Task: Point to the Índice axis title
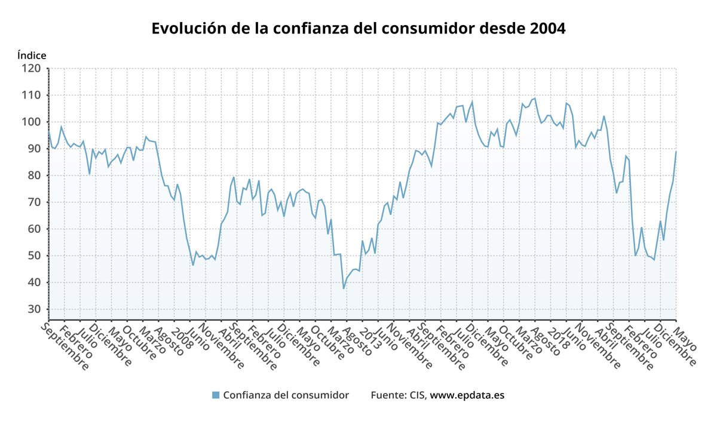pyautogui.click(x=32, y=55)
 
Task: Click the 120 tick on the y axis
pyautogui.click(x=32, y=69)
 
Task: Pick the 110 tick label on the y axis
pyautogui.click(x=32, y=96)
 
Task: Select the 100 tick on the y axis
pyautogui.click(x=32, y=122)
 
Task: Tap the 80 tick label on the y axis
pyautogui.click(x=35, y=176)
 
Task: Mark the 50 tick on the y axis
pyautogui.click(x=35, y=256)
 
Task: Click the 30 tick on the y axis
pyautogui.click(x=35, y=309)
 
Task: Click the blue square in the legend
pyautogui.click(x=216, y=395)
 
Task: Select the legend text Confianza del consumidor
pyautogui.click(x=286, y=395)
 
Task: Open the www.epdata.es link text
pyautogui.click(x=467, y=395)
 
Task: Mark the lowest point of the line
pyautogui.click(x=344, y=288)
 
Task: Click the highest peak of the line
pyautogui.click(x=534, y=98)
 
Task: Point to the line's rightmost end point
pyautogui.click(x=676, y=152)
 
